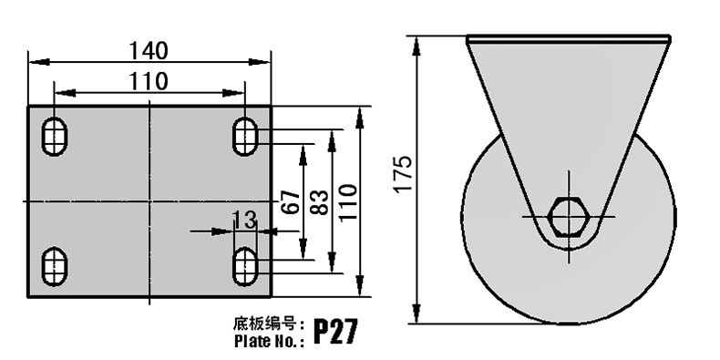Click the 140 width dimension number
149,50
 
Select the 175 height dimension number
403,174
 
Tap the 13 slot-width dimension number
244,220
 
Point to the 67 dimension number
290,202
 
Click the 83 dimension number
320,202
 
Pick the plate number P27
335,332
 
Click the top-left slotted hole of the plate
55,137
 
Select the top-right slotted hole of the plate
245,137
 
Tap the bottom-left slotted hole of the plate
55,266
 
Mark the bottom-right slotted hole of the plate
245,266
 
